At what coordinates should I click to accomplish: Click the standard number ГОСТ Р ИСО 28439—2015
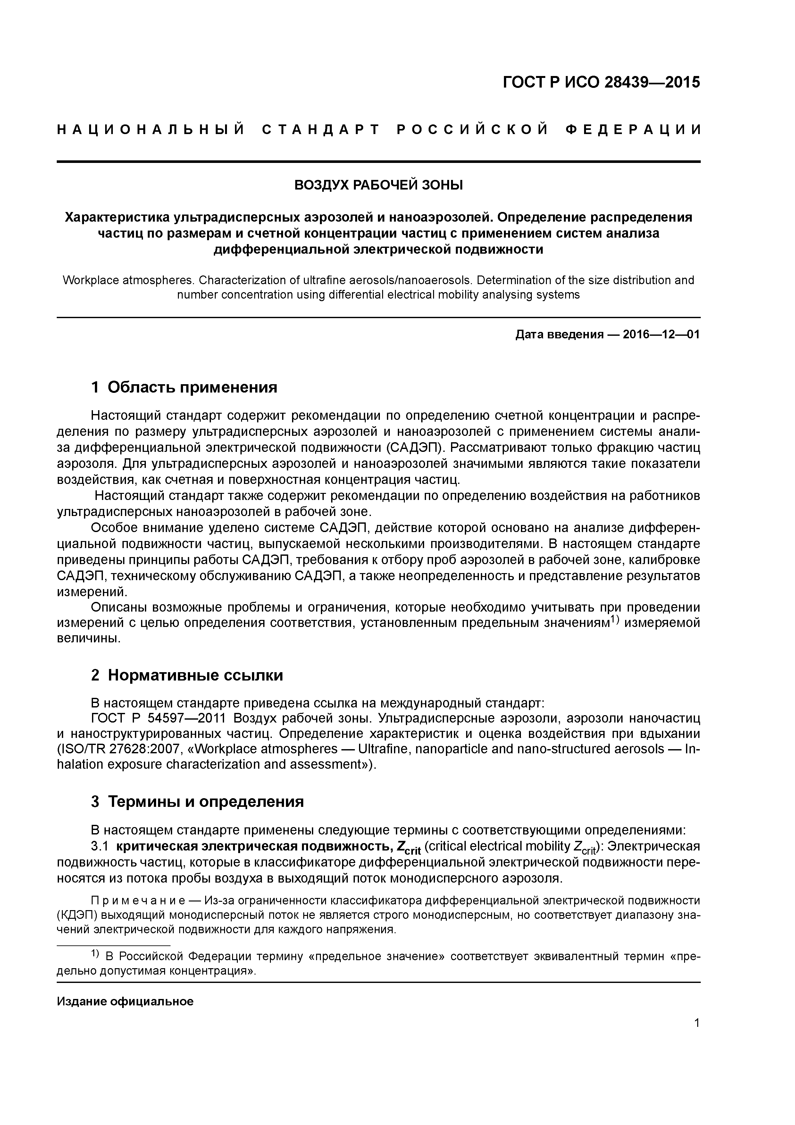click(x=601, y=82)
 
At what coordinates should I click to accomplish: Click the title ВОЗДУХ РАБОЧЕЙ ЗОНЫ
click(x=378, y=185)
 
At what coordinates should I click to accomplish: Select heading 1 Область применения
click(x=184, y=388)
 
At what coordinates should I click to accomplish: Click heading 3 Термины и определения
click(x=197, y=802)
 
